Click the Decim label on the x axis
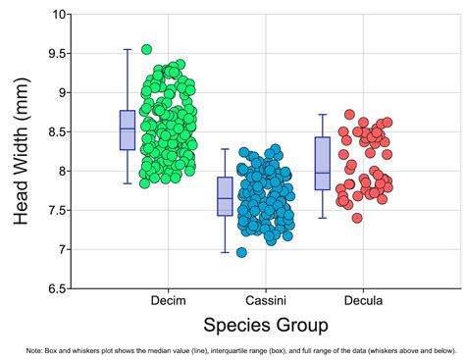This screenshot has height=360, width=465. (168, 301)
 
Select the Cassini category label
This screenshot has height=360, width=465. (265, 301)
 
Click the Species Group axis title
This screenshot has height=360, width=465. (265, 325)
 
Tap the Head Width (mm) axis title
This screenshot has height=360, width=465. (23, 152)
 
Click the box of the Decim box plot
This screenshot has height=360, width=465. (128, 130)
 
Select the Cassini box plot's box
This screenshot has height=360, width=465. (225, 196)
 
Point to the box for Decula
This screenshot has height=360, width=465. (322, 163)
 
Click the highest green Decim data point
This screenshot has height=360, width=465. (147, 49)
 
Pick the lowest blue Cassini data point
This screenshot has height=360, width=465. (241, 252)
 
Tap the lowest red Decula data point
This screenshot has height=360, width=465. (357, 218)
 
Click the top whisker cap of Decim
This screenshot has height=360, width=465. (128, 49)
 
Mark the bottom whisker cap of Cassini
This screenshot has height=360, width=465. (225, 253)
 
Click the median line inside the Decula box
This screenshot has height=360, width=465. (322, 173)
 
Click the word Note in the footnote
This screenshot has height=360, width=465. (36, 349)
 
